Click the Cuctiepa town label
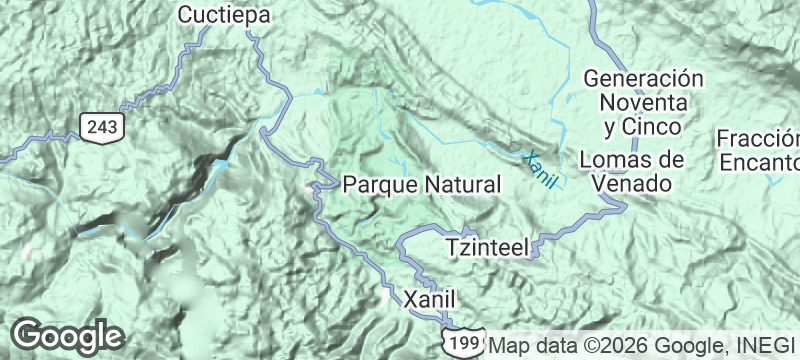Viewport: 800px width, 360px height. click(225, 14)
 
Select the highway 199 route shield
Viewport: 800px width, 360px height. click(462, 342)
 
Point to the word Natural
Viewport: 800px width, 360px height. click(458, 185)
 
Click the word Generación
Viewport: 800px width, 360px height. click(643, 78)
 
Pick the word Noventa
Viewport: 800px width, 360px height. click(643, 102)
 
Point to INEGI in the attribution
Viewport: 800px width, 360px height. click(766, 346)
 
